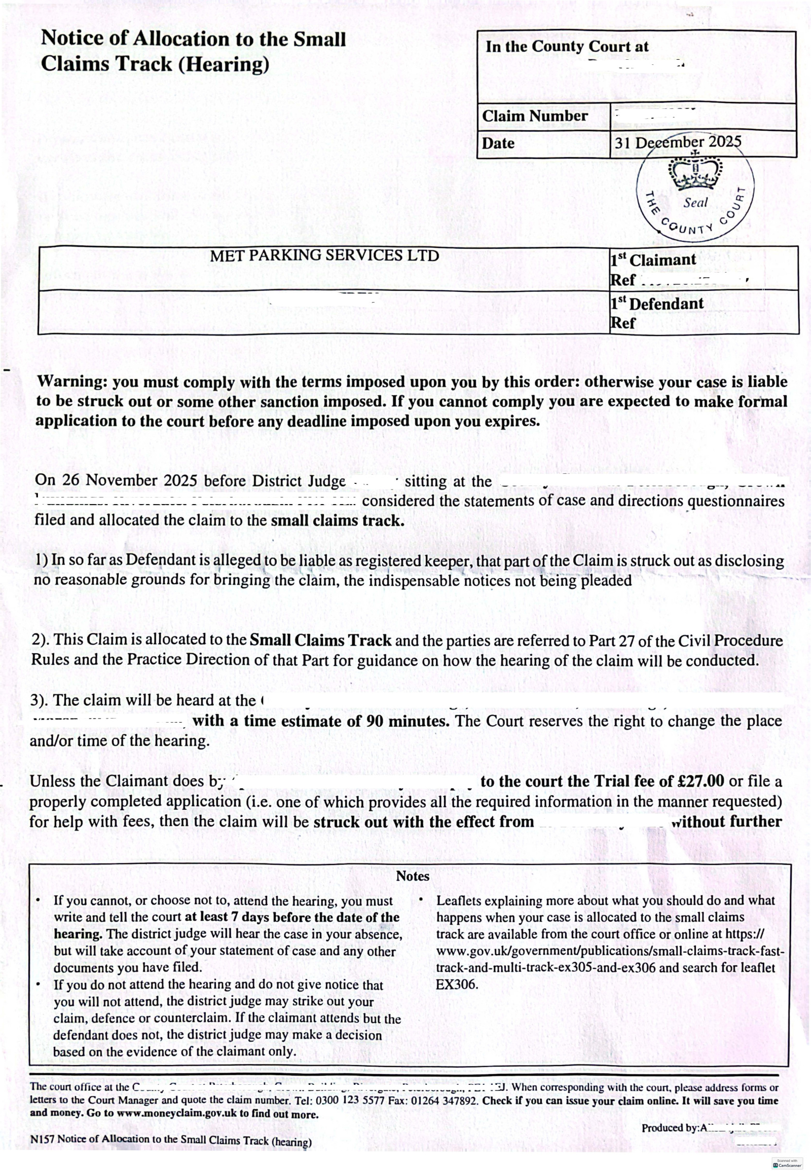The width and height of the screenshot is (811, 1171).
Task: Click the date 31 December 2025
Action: tap(677, 142)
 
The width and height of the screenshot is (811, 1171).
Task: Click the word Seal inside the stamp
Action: tap(695, 203)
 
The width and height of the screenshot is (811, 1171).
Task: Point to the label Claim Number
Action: tap(535, 116)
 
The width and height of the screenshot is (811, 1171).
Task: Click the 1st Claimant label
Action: tap(653, 259)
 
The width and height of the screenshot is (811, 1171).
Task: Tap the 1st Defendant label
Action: tap(656, 304)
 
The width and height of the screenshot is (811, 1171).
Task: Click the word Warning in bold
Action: tap(70, 382)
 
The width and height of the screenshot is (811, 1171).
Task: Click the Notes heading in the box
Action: tap(413, 876)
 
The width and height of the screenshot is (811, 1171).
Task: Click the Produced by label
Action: tap(670, 1128)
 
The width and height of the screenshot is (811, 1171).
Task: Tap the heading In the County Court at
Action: tap(567, 47)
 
